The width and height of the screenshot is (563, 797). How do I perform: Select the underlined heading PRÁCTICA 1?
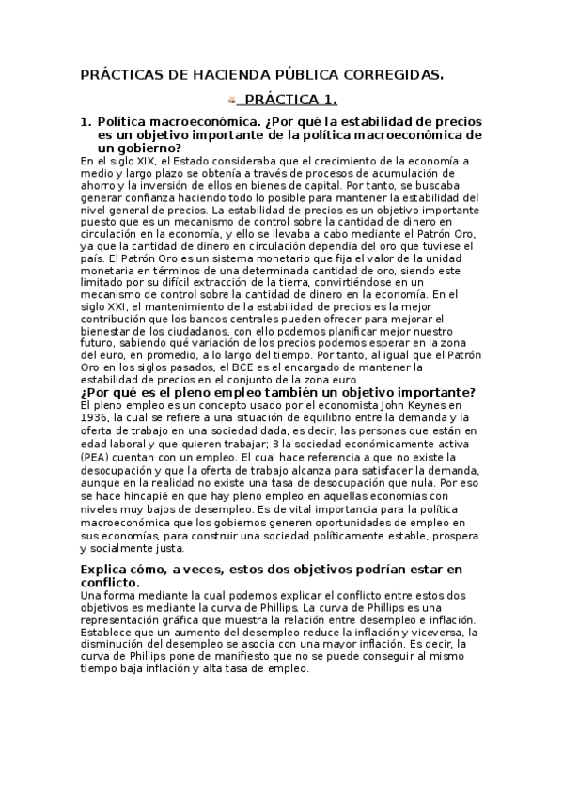point(290,99)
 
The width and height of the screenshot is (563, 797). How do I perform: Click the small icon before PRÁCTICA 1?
point(231,99)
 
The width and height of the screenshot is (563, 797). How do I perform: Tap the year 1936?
point(95,417)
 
